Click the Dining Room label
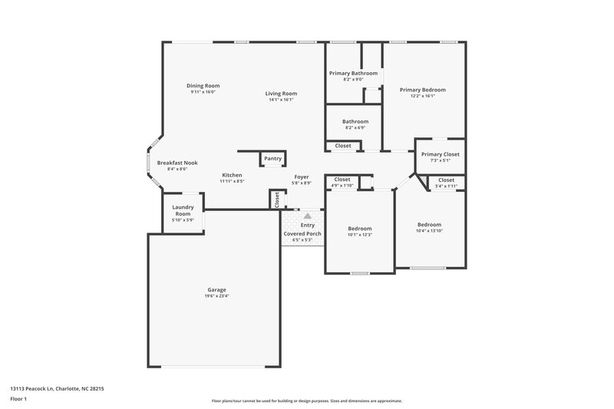click(203, 85)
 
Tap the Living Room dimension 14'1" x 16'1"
click(282, 100)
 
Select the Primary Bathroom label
click(353, 73)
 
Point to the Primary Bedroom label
click(422, 90)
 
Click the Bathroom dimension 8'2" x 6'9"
click(355, 127)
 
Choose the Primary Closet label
click(440, 154)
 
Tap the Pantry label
click(272, 159)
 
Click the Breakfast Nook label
click(177, 163)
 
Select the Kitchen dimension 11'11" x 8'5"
click(232, 181)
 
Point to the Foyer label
click(302, 177)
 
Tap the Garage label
click(216, 289)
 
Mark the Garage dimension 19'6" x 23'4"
click(216, 296)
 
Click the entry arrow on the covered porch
click(307, 217)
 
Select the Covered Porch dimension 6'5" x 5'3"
click(302, 240)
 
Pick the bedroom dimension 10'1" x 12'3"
click(359, 235)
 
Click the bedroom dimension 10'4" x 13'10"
click(429, 231)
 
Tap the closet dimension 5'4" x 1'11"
click(446, 186)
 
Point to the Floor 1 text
click(18, 400)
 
